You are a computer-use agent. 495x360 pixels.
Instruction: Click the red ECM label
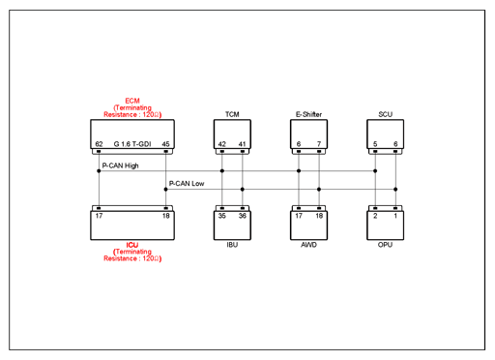(132, 101)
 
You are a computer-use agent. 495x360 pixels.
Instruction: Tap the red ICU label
(132, 245)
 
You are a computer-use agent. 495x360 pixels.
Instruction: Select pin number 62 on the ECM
(99, 144)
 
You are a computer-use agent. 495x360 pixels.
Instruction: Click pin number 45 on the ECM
(165, 144)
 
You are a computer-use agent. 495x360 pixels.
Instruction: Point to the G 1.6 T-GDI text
(132, 144)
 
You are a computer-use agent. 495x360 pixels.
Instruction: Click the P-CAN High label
(120, 165)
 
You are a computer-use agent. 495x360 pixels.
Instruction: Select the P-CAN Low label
(187, 184)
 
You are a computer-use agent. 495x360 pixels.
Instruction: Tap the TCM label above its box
(232, 114)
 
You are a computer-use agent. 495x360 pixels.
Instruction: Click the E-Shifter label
(308, 114)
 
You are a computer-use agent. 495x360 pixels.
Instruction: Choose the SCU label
(386, 114)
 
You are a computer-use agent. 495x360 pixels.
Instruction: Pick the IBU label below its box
(232, 245)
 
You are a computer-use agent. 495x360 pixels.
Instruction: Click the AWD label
(308, 245)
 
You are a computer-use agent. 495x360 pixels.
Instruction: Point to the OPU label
(385, 245)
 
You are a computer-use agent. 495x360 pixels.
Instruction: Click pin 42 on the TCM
(222, 144)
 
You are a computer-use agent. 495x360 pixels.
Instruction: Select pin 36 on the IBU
(243, 216)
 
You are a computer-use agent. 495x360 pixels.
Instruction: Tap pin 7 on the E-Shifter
(319, 144)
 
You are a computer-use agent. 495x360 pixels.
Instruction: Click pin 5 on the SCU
(375, 144)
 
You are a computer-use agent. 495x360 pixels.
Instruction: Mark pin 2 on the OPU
(375, 216)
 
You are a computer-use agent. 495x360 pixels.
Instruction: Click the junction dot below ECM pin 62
(99, 171)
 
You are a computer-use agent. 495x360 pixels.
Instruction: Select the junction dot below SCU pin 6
(395, 190)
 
